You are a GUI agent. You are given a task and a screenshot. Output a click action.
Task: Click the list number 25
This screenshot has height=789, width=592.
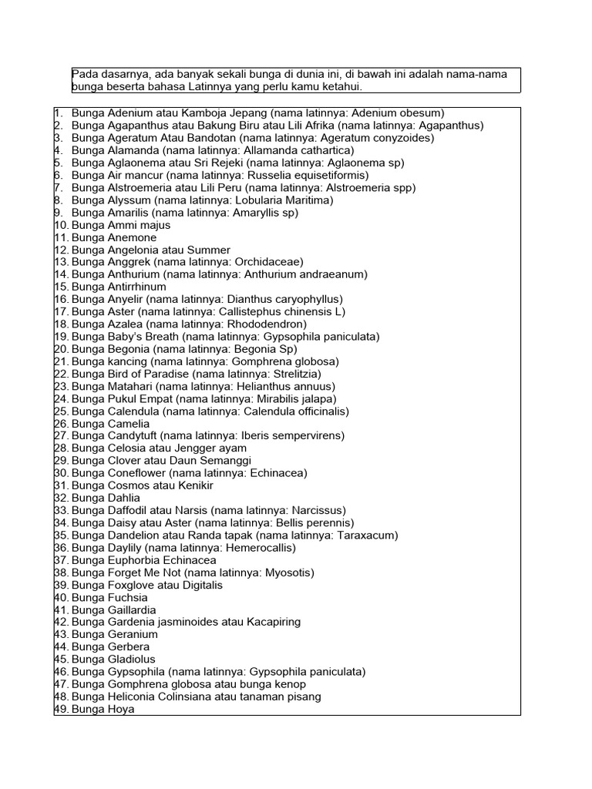pyautogui.click(x=62, y=411)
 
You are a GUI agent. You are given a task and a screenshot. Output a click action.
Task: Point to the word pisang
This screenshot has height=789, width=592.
pyautogui.click(x=304, y=697)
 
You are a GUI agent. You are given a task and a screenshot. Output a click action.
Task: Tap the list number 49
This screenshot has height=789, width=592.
pyautogui.click(x=62, y=709)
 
